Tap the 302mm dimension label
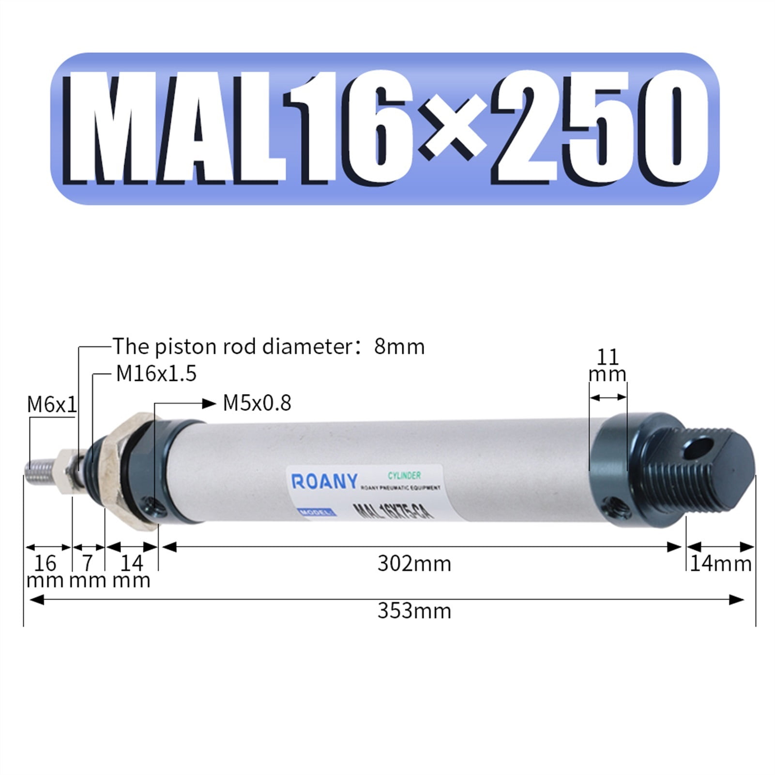414,564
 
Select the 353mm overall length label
414,611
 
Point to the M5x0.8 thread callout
257,403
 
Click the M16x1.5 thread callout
156,374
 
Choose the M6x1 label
51,405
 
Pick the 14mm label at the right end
720,564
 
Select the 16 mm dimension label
45,571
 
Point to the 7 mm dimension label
88,571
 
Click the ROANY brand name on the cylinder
324,482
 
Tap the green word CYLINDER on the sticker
404,475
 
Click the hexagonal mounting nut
131,472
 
